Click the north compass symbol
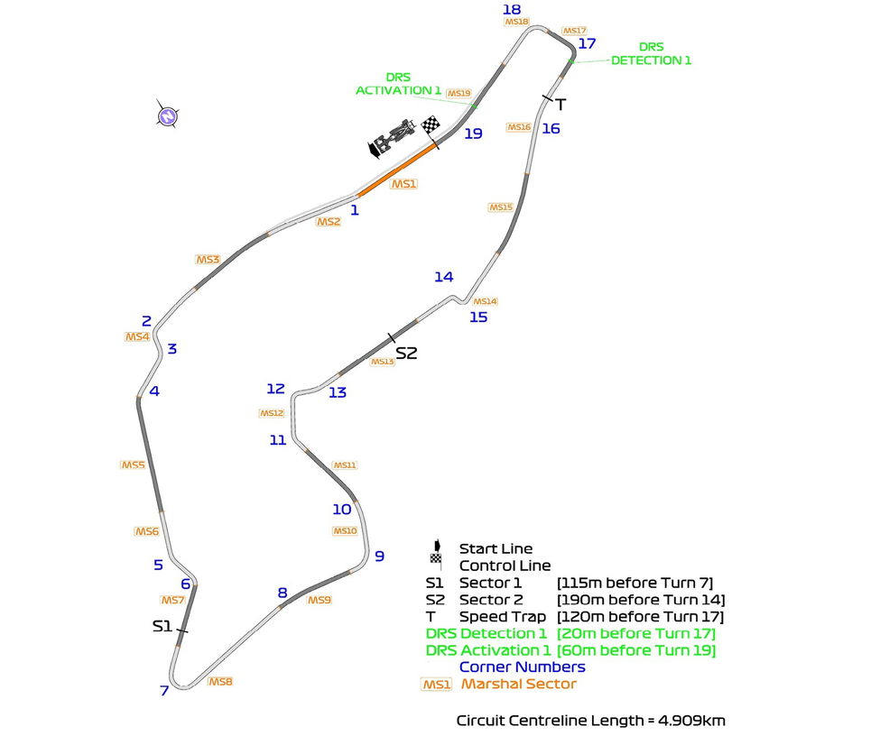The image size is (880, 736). [x=167, y=115]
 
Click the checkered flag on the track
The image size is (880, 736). [x=432, y=124]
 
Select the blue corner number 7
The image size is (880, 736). [x=164, y=691]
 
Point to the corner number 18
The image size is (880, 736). [x=512, y=9]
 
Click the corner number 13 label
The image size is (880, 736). [x=337, y=392]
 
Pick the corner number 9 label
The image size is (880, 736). [x=379, y=556]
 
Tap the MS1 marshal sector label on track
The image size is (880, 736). [x=403, y=184]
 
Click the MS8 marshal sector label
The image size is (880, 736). [x=220, y=682]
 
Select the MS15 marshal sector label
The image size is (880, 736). [x=501, y=207]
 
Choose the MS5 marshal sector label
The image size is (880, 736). [x=133, y=465]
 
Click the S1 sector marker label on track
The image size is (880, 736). [x=162, y=625]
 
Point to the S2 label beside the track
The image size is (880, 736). [x=407, y=354]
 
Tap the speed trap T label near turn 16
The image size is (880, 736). [x=560, y=104]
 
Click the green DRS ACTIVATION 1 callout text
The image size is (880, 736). [x=398, y=84]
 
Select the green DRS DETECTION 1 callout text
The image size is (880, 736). [x=651, y=53]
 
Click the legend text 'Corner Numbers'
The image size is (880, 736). [x=523, y=667]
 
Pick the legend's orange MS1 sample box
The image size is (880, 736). [x=437, y=685]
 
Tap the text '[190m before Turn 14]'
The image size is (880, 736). [x=641, y=600]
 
